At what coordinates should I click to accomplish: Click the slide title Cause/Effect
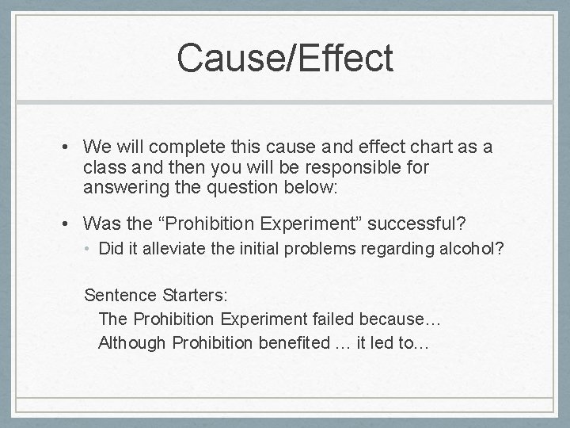coord(285,58)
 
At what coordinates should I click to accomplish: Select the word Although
coord(131,344)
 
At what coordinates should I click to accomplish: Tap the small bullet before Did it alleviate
coord(89,249)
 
